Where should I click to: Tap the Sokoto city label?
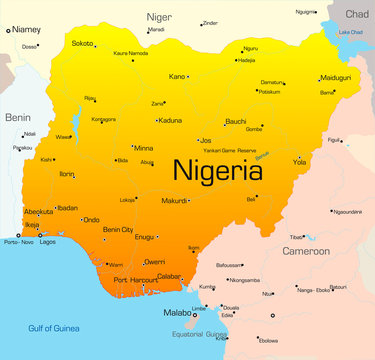pos(83,43)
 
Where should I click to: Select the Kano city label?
pos(177,76)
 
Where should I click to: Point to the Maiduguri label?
pos(334,77)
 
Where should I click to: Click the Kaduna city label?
pos(170,120)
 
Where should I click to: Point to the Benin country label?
pos(17,117)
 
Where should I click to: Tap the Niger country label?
pos(159,17)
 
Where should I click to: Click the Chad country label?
pos(356,14)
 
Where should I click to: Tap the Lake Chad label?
pos(351,32)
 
